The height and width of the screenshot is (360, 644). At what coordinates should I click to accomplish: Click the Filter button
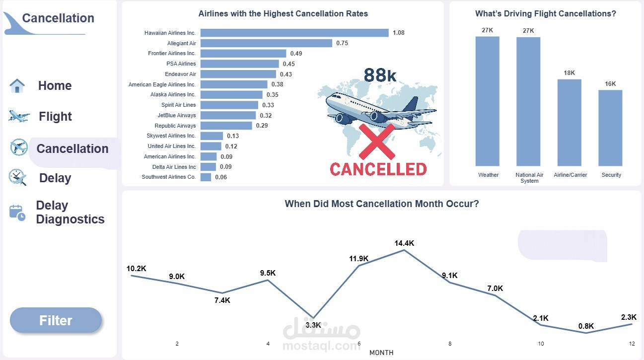pyautogui.click(x=56, y=320)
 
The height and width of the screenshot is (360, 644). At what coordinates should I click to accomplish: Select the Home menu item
pyautogui.click(x=55, y=85)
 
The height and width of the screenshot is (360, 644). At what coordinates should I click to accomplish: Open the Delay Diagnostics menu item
pyautogui.click(x=70, y=213)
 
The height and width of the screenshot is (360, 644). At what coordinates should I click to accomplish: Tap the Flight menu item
pyautogui.click(x=55, y=117)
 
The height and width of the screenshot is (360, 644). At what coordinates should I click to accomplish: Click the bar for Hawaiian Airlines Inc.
pyautogui.click(x=294, y=33)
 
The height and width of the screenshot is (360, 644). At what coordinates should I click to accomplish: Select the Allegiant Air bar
pyautogui.click(x=266, y=43)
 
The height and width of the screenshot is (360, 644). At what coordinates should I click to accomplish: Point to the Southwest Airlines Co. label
pyautogui.click(x=169, y=177)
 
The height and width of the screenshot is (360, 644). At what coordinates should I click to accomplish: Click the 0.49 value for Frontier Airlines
pyautogui.click(x=296, y=54)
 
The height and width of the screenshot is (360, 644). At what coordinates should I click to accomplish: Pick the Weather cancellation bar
pyautogui.click(x=487, y=101)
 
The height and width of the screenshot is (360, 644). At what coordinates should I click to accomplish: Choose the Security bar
pyautogui.click(x=610, y=128)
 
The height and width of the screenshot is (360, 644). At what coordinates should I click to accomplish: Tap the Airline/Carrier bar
pyautogui.click(x=569, y=122)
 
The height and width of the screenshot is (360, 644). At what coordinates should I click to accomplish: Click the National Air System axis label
pyautogui.click(x=529, y=178)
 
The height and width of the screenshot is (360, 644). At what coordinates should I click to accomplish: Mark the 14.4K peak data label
pyautogui.click(x=404, y=243)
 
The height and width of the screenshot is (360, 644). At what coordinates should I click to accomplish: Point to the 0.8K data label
pyautogui.click(x=586, y=326)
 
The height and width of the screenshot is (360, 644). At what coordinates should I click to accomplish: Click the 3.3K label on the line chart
pyautogui.click(x=313, y=325)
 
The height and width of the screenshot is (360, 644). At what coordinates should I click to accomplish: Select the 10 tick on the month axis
pyautogui.click(x=541, y=344)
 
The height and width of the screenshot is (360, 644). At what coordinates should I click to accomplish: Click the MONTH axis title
pyautogui.click(x=381, y=353)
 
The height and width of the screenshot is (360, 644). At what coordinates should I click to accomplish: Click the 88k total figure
pyautogui.click(x=380, y=75)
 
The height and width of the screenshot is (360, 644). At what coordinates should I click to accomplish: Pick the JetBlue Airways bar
pyautogui.click(x=228, y=115)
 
